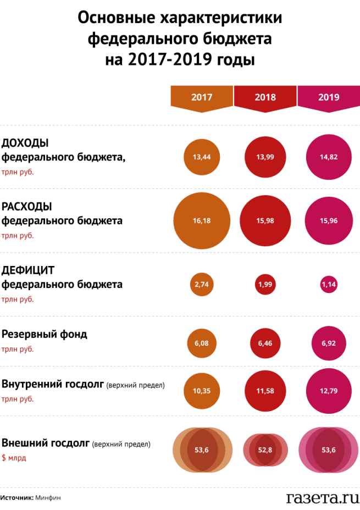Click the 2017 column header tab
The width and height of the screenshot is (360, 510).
tap(202, 98)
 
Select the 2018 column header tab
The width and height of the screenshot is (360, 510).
tap(265, 98)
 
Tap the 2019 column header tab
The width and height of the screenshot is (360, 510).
tap(329, 98)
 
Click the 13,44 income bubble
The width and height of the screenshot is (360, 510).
tap(202, 157)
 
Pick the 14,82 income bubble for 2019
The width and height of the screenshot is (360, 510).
tap(329, 157)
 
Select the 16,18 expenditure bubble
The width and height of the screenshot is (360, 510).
tap(202, 221)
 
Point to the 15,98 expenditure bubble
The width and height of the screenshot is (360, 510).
tap(265, 221)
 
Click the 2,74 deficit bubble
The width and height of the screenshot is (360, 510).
tap(202, 285)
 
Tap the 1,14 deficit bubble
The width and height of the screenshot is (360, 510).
tap(329, 285)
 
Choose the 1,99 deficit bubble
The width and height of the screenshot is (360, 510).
tap(265, 285)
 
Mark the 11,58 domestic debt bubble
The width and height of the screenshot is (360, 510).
tap(265, 390)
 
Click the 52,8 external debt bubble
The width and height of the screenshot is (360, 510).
tap(265, 450)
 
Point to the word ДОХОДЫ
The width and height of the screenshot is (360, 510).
tap(25, 143)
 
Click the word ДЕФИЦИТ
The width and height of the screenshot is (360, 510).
tap(28, 270)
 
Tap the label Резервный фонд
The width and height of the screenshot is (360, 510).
tap(45, 334)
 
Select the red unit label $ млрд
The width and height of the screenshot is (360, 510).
tap(14, 458)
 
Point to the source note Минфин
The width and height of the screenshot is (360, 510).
tap(48, 498)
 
